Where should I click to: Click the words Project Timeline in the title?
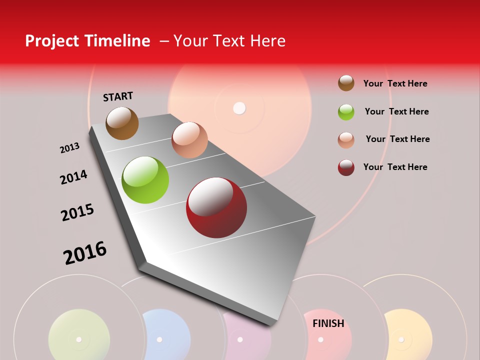pos(87,41)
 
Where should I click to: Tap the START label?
pos(118,96)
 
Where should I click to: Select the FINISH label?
pos(328,323)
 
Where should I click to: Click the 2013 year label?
pos(69,148)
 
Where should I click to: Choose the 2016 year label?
pos(85,252)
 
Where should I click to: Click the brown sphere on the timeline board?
pos(122,123)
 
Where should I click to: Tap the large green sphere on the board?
pos(145,180)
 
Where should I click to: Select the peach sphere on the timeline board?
pos(189,140)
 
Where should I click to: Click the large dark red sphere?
pos(216,207)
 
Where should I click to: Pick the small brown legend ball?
pos(346,83)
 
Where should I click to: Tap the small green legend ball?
pos(346,112)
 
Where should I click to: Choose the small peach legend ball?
pos(346,140)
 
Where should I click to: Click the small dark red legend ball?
pos(346,167)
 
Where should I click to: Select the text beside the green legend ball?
pos(396,111)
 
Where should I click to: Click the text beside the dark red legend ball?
pos(395,167)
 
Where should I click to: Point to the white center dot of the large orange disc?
pos(240,108)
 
